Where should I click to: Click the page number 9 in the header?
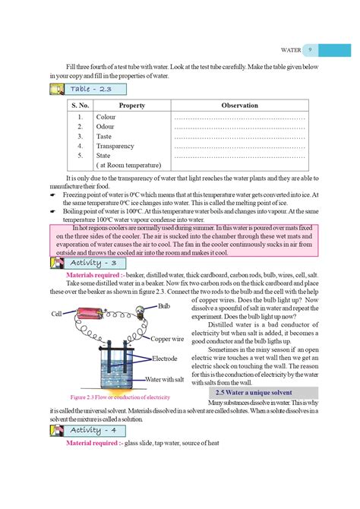click(x=311, y=50)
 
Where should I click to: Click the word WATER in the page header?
click(x=290, y=50)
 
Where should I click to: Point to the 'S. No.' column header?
click(x=80, y=106)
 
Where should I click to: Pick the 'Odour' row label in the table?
click(x=105, y=127)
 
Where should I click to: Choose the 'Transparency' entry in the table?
click(x=115, y=146)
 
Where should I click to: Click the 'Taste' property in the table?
click(x=104, y=136)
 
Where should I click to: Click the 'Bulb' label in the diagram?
click(x=164, y=305)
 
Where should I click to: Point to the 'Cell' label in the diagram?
click(x=57, y=313)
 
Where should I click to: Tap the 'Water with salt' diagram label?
click(x=168, y=378)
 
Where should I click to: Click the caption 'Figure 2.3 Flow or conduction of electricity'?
click(x=119, y=397)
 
